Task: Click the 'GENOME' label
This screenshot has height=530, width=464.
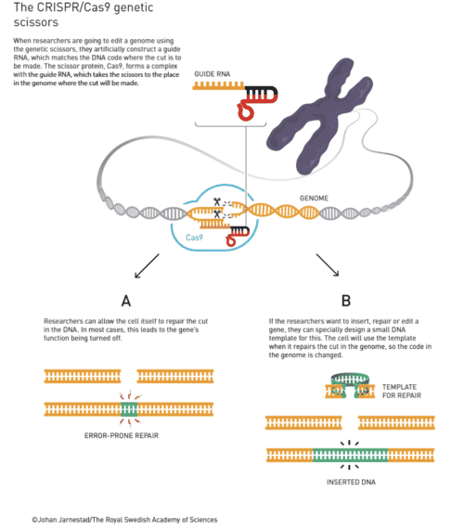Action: coord(315,199)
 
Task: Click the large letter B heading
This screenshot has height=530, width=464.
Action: coord(344,301)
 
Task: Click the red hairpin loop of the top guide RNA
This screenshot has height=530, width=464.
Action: coord(245,111)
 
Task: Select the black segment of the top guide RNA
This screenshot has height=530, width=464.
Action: coord(263,91)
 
